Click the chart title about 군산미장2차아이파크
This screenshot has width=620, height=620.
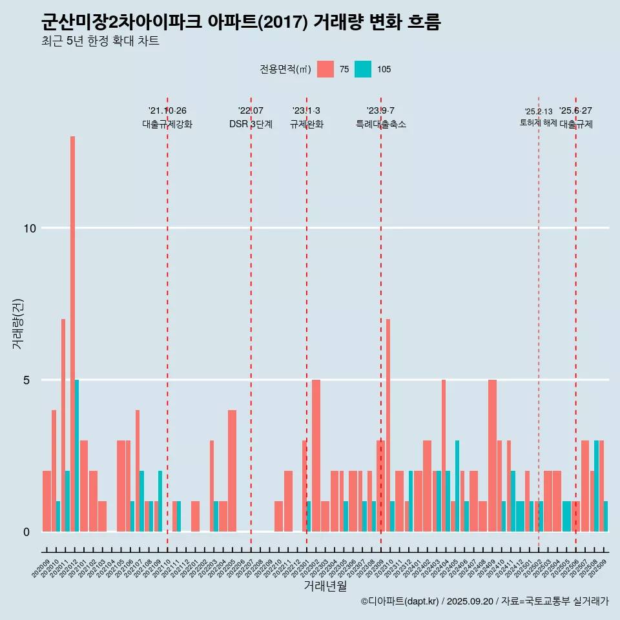[x=240, y=23]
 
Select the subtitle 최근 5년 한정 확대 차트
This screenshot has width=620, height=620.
[x=100, y=41]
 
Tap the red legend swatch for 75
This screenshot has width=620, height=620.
[x=325, y=69]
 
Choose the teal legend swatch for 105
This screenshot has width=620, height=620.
[x=363, y=69]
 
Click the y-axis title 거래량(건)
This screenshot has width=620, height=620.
[x=17, y=323]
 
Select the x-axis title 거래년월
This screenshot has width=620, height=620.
[x=325, y=586]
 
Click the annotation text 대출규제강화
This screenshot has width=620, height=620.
[x=167, y=124]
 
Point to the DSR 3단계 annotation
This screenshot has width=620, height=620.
[x=251, y=124]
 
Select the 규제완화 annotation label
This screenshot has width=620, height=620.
[x=306, y=124]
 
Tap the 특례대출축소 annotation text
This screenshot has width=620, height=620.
[x=381, y=124]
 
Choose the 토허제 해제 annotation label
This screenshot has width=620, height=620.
[x=538, y=123]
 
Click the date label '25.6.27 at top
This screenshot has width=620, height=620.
[x=575, y=111]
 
